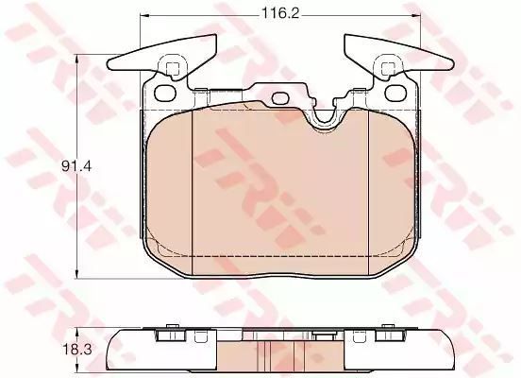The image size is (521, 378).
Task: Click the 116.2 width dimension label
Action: [280, 13]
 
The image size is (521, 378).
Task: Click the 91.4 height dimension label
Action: [76, 166]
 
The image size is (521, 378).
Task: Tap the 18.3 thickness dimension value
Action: [76, 350]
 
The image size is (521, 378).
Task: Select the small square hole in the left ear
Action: [172, 69]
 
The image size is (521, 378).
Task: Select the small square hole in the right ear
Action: [387, 69]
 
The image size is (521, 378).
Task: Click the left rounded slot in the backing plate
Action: [165, 93]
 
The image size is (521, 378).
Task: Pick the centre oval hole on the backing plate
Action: [280, 98]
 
